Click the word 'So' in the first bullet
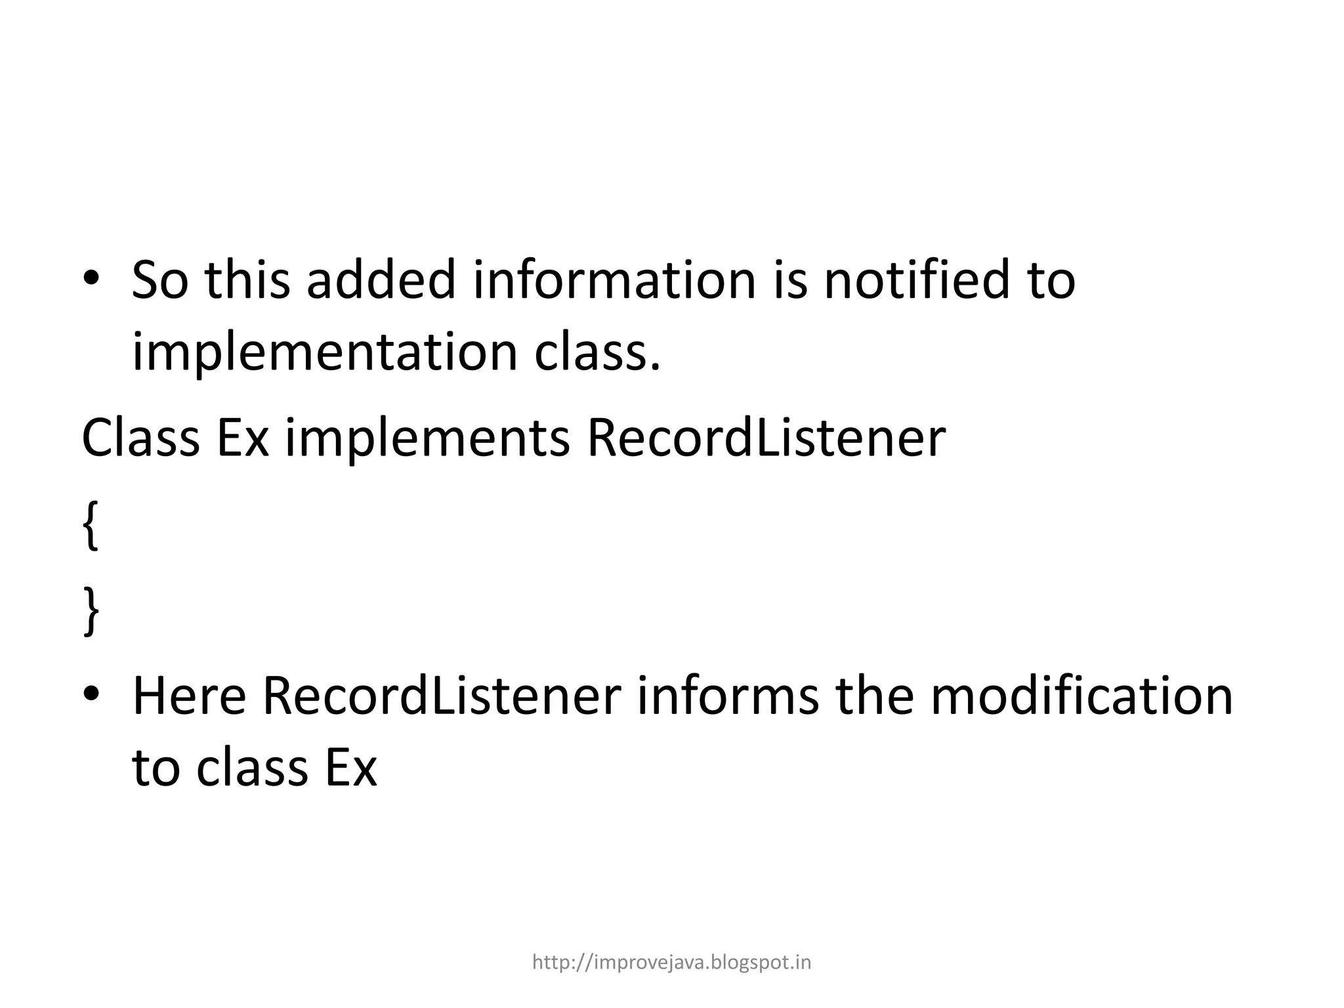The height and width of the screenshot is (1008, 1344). click(x=159, y=281)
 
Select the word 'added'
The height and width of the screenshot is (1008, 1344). click(x=381, y=281)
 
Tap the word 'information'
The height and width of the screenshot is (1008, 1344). click(x=614, y=281)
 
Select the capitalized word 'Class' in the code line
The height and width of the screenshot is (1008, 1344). click(x=140, y=438)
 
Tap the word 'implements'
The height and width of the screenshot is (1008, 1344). click(x=427, y=438)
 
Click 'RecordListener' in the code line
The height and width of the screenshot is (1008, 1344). click(x=766, y=438)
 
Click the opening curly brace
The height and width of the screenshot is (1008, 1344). click(x=91, y=525)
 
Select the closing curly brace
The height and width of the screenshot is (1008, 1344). click(x=91, y=612)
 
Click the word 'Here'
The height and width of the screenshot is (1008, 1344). click(x=189, y=697)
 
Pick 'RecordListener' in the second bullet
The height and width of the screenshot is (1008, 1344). click(x=442, y=697)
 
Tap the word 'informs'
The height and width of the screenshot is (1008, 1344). click(x=728, y=697)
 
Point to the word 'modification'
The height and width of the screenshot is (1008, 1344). click(x=1081, y=697)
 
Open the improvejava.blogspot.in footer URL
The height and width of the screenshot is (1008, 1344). click(x=671, y=962)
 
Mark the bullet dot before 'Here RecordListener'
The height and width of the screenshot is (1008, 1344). click(x=91, y=693)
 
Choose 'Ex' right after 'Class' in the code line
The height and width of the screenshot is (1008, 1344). click(x=242, y=438)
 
